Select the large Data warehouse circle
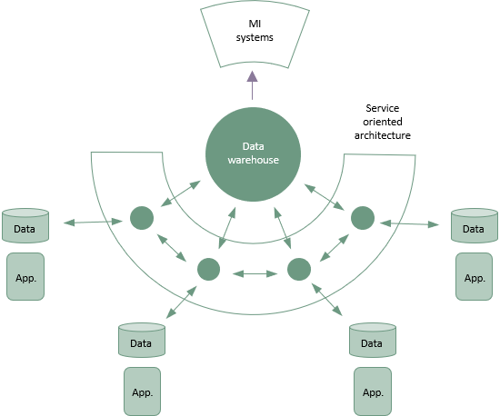[254, 154]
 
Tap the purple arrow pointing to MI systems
[252, 85]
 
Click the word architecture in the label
[383, 135]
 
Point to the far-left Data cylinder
[25, 225]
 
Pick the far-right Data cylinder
[475, 225]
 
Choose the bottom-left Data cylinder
[142, 340]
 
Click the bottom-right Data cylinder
[373, 340]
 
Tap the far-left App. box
[25, 276]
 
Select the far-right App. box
[475, 276]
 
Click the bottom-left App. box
[142, 391]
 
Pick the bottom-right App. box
[373, 391]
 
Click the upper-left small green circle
[142, 218]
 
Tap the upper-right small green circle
[363, 218]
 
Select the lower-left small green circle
[208, 269]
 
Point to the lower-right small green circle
[299, 269]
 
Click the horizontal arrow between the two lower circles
[255, 273]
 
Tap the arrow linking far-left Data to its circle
[93, 222]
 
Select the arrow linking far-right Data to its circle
[409, 224]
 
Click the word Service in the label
[383, 108]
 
